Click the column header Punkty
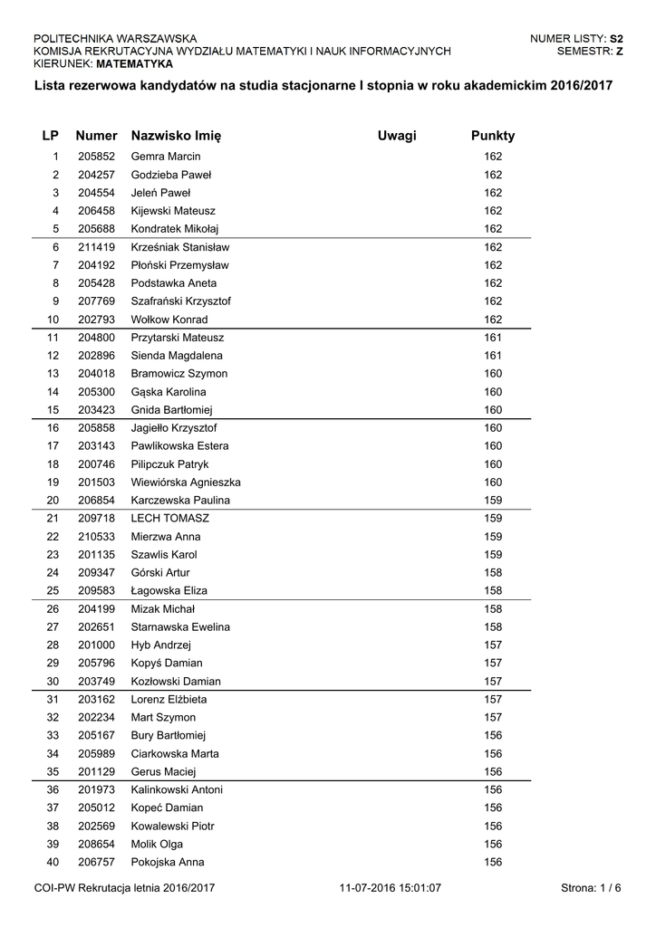click(x=492, y=136)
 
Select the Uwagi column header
click(x=397, y=136)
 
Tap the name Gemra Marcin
click(x=166, y=157)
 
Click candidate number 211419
click(x=96, y=247)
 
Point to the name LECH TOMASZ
click(x=170, y=519)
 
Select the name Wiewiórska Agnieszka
click(x=186, y=483)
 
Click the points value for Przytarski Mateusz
click(x=493, y=338)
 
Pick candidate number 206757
click(x=96, y=862)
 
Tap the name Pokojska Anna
click(x=168, y=862)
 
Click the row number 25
click(x=53, y=591)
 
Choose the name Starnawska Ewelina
click(x=180, y=627)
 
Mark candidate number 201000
click(x=96, y=645)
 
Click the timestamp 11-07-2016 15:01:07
click(x=390, y=888)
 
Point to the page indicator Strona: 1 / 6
click(x=592, y=888)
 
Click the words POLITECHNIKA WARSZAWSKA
click(x=115, y=39)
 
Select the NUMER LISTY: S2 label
click(x=576, y=39)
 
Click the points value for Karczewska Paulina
click(x=493, y=501)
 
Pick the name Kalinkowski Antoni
click(x=177, y=790)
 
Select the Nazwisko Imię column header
click(x=176, y=136)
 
